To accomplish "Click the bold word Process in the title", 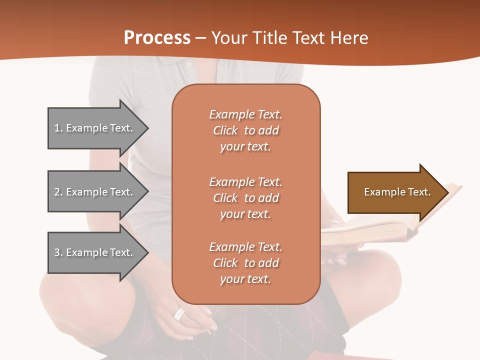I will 157,38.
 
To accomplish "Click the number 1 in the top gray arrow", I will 57,128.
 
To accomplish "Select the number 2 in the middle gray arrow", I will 57,192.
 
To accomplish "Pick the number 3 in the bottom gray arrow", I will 57,252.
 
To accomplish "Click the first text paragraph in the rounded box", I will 245,130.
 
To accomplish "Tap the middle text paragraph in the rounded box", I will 245,198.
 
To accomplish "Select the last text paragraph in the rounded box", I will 245,263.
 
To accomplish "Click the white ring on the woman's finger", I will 179,314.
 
